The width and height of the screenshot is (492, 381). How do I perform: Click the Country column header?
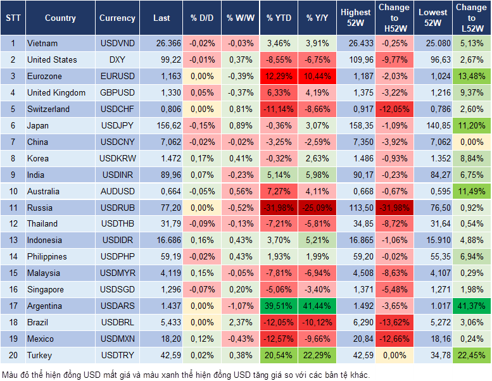pyautogui.click(x=60, y=18)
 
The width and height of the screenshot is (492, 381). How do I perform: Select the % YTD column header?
pyautogui.click(x=279, y=18)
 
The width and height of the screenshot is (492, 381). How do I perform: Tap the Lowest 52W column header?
pyautogui.click(x=434, y=18)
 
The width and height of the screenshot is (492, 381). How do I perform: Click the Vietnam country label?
pyautogui.click(x=42, y=43)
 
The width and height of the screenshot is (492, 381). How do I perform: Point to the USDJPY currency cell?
pyautogui.click(x=117, y=125)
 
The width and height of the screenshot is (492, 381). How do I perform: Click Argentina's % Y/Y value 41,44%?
pyautogui.click(x=318, y=306)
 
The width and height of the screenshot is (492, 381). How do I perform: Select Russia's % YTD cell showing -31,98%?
pyautogui.click(x=279, y=208)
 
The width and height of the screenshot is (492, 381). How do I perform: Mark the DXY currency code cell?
pyautogui.click(x=117, y=59)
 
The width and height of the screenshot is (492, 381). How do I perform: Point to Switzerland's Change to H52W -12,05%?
pyautogui.click(x=394, y=109)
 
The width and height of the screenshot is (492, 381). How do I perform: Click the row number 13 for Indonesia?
pyautogui.click(x=13, y=240)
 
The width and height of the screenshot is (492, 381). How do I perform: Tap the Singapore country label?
pyautogui.click(x=46, y=289)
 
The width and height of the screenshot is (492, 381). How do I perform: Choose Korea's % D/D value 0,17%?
pyautogui.click(x=202, y=158)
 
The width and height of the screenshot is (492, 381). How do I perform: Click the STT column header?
pyautogui.click(x=13, y=18)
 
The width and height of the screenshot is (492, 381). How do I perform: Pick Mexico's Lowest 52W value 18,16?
pyautogui.click(x=434, y=339)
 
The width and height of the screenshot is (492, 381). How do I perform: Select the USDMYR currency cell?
pyautogui.click(x=117, y=273)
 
